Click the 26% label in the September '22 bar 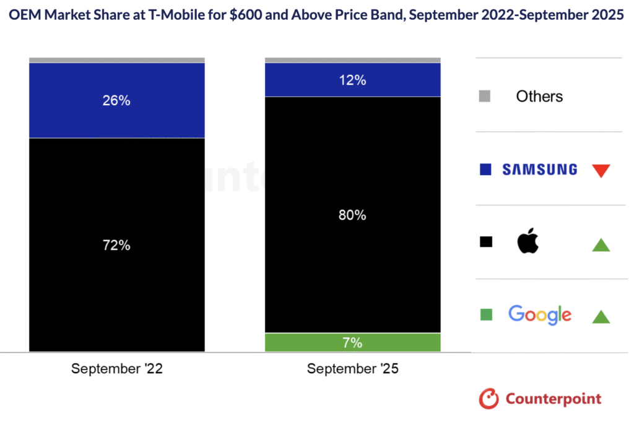[x=116, y=100]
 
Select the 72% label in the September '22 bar [x=116, y=245]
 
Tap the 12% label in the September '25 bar [x=353, y=80]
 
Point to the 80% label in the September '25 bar [x=353, y=215]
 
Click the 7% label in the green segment [x=353, y=343]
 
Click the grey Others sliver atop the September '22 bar [x=116, y=60]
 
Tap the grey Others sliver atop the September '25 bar [x=353, y=60]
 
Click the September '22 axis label [x=116, y=369]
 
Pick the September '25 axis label [x=353, y=369]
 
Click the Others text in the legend [x=539, y=97]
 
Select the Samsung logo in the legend [x=539, y=170]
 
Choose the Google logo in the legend [x=539, y=315]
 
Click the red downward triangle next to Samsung [x=601, y=170]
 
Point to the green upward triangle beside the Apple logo [x=601, y=244]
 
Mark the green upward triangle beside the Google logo [x=601, y=317]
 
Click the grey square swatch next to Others [x=485, y=97]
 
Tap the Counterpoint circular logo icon [x=489, y=398]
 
